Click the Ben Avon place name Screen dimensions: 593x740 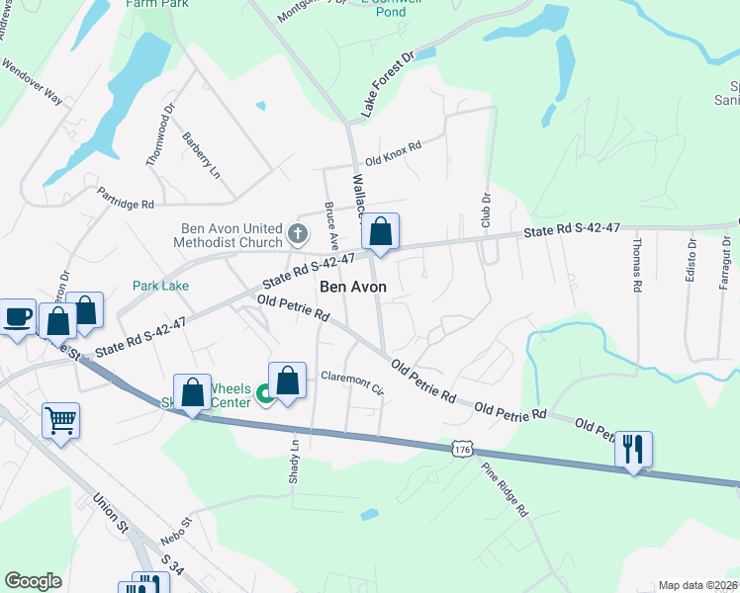coord(353,287)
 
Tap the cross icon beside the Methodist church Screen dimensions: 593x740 coord(298,234)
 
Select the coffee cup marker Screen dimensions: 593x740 coord(18,317)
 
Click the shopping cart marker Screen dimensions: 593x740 coord(60,422)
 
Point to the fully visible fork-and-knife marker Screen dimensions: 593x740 coord(633,450)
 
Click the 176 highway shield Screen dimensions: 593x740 coord(462,450)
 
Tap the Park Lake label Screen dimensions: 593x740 coord(161,286)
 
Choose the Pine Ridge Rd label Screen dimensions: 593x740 coord(506,491)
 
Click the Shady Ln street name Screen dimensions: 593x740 coord(295,463)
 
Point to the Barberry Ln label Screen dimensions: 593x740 coord(200,154)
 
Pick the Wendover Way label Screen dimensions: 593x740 coord(33,85)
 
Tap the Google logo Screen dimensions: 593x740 coord(33,581)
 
